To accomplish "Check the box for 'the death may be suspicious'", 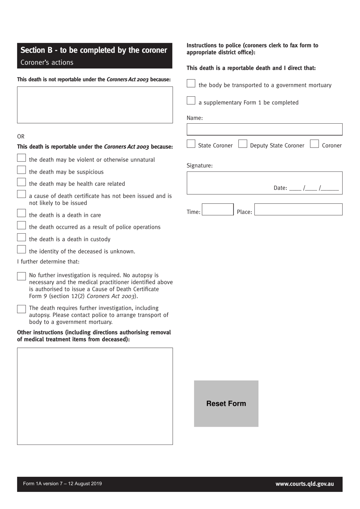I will click(21, 170).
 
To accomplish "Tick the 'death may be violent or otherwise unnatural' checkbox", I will click(21, 158).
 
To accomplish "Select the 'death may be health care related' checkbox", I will click(21, 182).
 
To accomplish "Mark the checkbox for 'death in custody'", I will click(21, 238).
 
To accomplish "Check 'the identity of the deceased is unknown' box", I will click(21, 250).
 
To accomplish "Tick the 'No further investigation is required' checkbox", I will click(21, 276).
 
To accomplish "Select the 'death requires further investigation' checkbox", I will click(21, 309).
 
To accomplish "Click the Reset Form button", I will click(226, 404).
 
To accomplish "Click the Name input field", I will click(264, 129).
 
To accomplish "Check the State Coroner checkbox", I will click(191, 144).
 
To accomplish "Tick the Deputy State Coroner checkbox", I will click(243, 144).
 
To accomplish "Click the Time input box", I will click(218, 210).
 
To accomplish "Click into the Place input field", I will click(298, 210).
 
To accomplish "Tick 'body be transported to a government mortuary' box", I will click(191, 83).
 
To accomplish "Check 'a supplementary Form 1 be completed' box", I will click(191, 101).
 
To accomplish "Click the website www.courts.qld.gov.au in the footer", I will click(305, 484).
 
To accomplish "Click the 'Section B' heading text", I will click(94, 50).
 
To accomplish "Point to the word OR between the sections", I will click(21, 137).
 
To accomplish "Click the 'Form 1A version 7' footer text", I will click(62, 484).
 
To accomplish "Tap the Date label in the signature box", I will click(280, 188).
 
